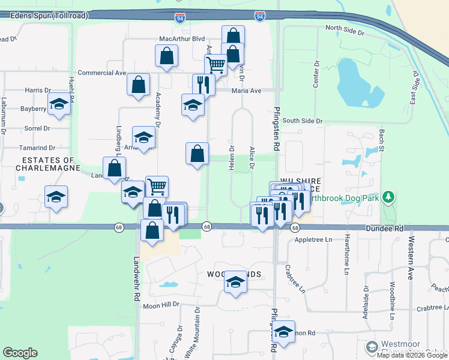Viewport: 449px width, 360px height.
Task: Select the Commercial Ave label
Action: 102,73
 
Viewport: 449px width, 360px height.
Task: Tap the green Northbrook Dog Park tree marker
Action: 389,197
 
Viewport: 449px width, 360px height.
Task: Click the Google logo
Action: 20,353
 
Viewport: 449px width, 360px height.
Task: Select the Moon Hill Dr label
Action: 161,304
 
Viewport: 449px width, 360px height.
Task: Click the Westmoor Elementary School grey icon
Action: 372,347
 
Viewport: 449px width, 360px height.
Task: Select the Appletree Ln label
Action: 313,239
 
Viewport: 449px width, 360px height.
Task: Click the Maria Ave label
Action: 247,91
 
